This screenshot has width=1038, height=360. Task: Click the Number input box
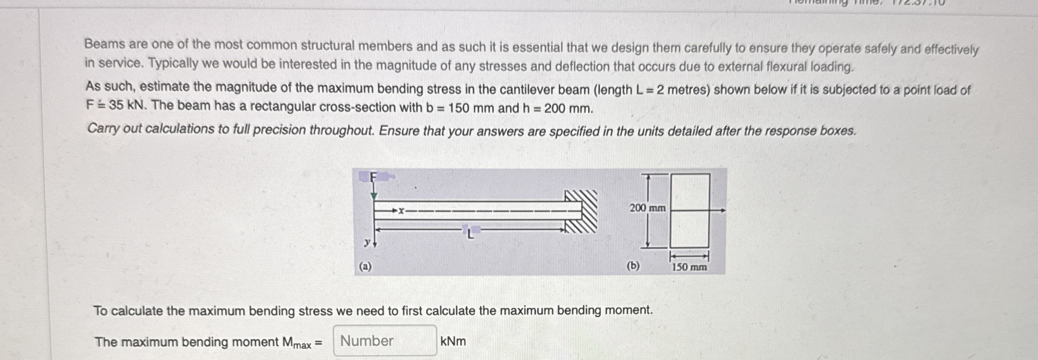(x=385, y=341)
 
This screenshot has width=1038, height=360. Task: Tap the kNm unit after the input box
(x=453, y=341)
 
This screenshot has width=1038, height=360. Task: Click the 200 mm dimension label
(x=647, y=208)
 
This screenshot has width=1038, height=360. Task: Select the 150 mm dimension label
(x=689, y=267)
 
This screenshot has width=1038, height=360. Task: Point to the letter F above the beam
(x=373, y=177)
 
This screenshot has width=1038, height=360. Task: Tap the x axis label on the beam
(x=401, y=211)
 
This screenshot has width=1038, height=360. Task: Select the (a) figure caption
(x=365, y=266)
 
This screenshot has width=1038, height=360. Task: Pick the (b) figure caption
(x=633, y=266)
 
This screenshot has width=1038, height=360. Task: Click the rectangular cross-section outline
(x=690, y=211)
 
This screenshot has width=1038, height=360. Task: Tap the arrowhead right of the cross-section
(x=722, y=211)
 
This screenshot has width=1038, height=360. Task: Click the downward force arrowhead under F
(x=374, y=197)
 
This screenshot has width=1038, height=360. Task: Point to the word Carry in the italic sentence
(x=103, y=129)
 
